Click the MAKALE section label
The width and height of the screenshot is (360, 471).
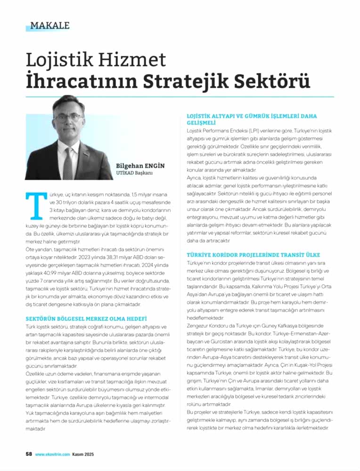49,25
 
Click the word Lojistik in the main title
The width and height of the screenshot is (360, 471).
56,60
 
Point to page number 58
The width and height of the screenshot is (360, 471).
28,454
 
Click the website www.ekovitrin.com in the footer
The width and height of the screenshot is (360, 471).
52,454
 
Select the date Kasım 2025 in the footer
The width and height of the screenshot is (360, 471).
85,454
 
